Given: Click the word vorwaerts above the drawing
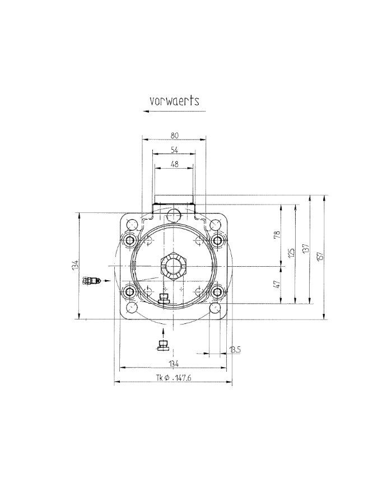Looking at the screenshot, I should click(x=174, y=101).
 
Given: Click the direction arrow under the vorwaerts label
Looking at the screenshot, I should click(x=174, y=112).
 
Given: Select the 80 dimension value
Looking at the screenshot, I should click(x=174, y=135).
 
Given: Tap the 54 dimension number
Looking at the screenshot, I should click(x=174, y=150).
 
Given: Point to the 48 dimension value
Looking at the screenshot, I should click(x=174, y=164).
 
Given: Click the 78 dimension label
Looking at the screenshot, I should click(x=277, y=235).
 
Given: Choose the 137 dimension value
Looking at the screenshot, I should click(x=306, y=248).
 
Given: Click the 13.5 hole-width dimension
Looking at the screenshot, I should click(x=235, y=350).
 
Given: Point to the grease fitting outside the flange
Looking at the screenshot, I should click(x=91, y=280).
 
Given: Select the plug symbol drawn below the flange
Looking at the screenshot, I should click(x=164, y=344).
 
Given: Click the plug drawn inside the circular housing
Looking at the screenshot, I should click(x=164, y=299).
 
